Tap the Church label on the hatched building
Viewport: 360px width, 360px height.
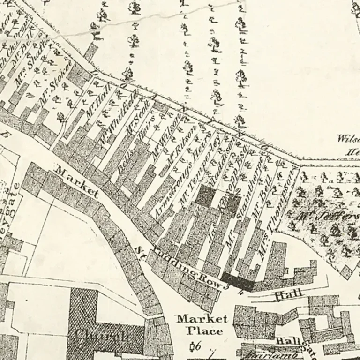tap(102, 336)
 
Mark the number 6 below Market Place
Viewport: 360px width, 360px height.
tap(198, 346)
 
